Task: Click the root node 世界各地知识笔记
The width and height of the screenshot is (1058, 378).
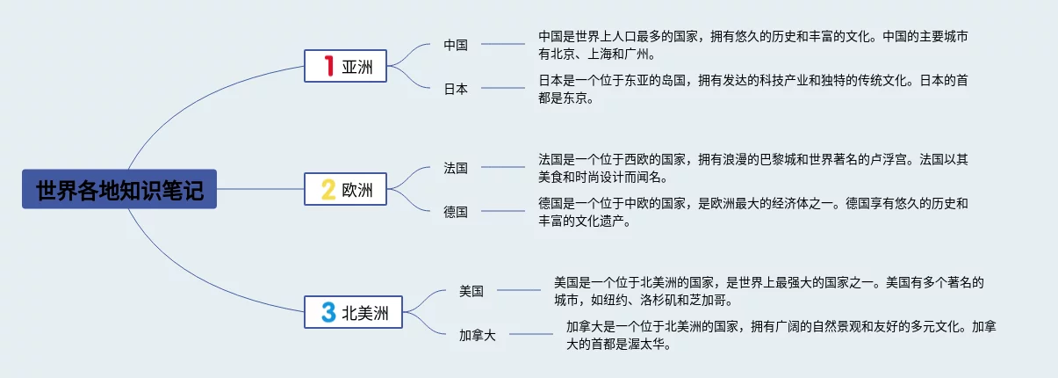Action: click(119, 189)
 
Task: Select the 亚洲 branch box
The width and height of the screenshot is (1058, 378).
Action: click(346, 66)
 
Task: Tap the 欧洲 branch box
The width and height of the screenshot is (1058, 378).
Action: click(346, 189)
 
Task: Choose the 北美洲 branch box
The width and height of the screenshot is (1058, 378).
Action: click(353, 311)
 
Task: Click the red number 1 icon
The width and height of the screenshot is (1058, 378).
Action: click(328, 66)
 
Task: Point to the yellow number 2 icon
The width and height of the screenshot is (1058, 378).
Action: click(328, 189)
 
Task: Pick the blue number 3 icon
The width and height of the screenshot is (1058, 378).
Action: click(328, 311)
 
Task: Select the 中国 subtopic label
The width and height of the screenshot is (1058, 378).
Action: click(456, 45)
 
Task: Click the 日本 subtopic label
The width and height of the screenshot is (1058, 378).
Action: click(456, 89)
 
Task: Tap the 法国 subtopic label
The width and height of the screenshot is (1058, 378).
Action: click(456, 167)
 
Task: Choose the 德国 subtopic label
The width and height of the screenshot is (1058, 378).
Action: click(456, 212)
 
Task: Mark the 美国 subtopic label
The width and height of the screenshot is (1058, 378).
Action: click(471, 291)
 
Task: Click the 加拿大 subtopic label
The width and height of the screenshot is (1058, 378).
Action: click(477, 335)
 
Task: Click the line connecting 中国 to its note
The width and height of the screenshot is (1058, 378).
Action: click(503, 44)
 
